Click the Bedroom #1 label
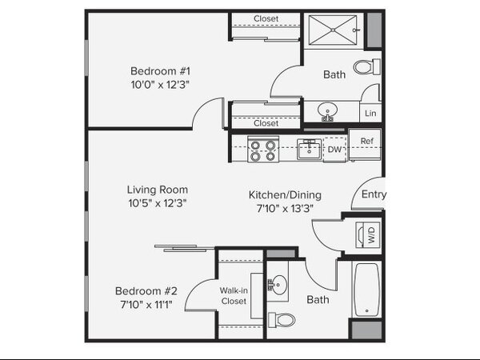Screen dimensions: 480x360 (x=160, y=71)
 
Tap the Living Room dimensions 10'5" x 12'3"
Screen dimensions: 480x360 (x=158, y=203)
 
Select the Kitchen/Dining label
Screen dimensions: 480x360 (x=285, y=195)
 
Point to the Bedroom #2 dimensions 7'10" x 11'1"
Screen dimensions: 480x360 (x=146, y=305)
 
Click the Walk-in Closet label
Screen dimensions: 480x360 (x=234, y=296)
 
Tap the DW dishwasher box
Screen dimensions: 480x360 (x=334, y=150)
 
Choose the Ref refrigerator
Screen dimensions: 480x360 (x=365, y=145)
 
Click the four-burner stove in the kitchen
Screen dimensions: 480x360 (x=263, y=149)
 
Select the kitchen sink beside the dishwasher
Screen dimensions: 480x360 (x=309, y=149)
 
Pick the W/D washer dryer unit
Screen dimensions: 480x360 (x=368, y=234)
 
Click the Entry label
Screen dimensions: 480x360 (x=374, y=194)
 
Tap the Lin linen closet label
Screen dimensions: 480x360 (x=370, y=114)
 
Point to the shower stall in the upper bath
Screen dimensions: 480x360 (x=333, y=30)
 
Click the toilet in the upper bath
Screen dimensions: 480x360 (x=366, y=66)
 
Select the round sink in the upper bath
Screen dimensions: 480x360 (x=327, y=111)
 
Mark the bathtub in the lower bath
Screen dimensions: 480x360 (x=366, y=290)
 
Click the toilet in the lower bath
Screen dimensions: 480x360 (x=282, y=320)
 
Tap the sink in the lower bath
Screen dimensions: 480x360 (x=278, y=285)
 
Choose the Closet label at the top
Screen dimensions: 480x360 (x=266, y=18)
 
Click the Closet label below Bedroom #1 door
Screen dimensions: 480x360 (x=266, y=123)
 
